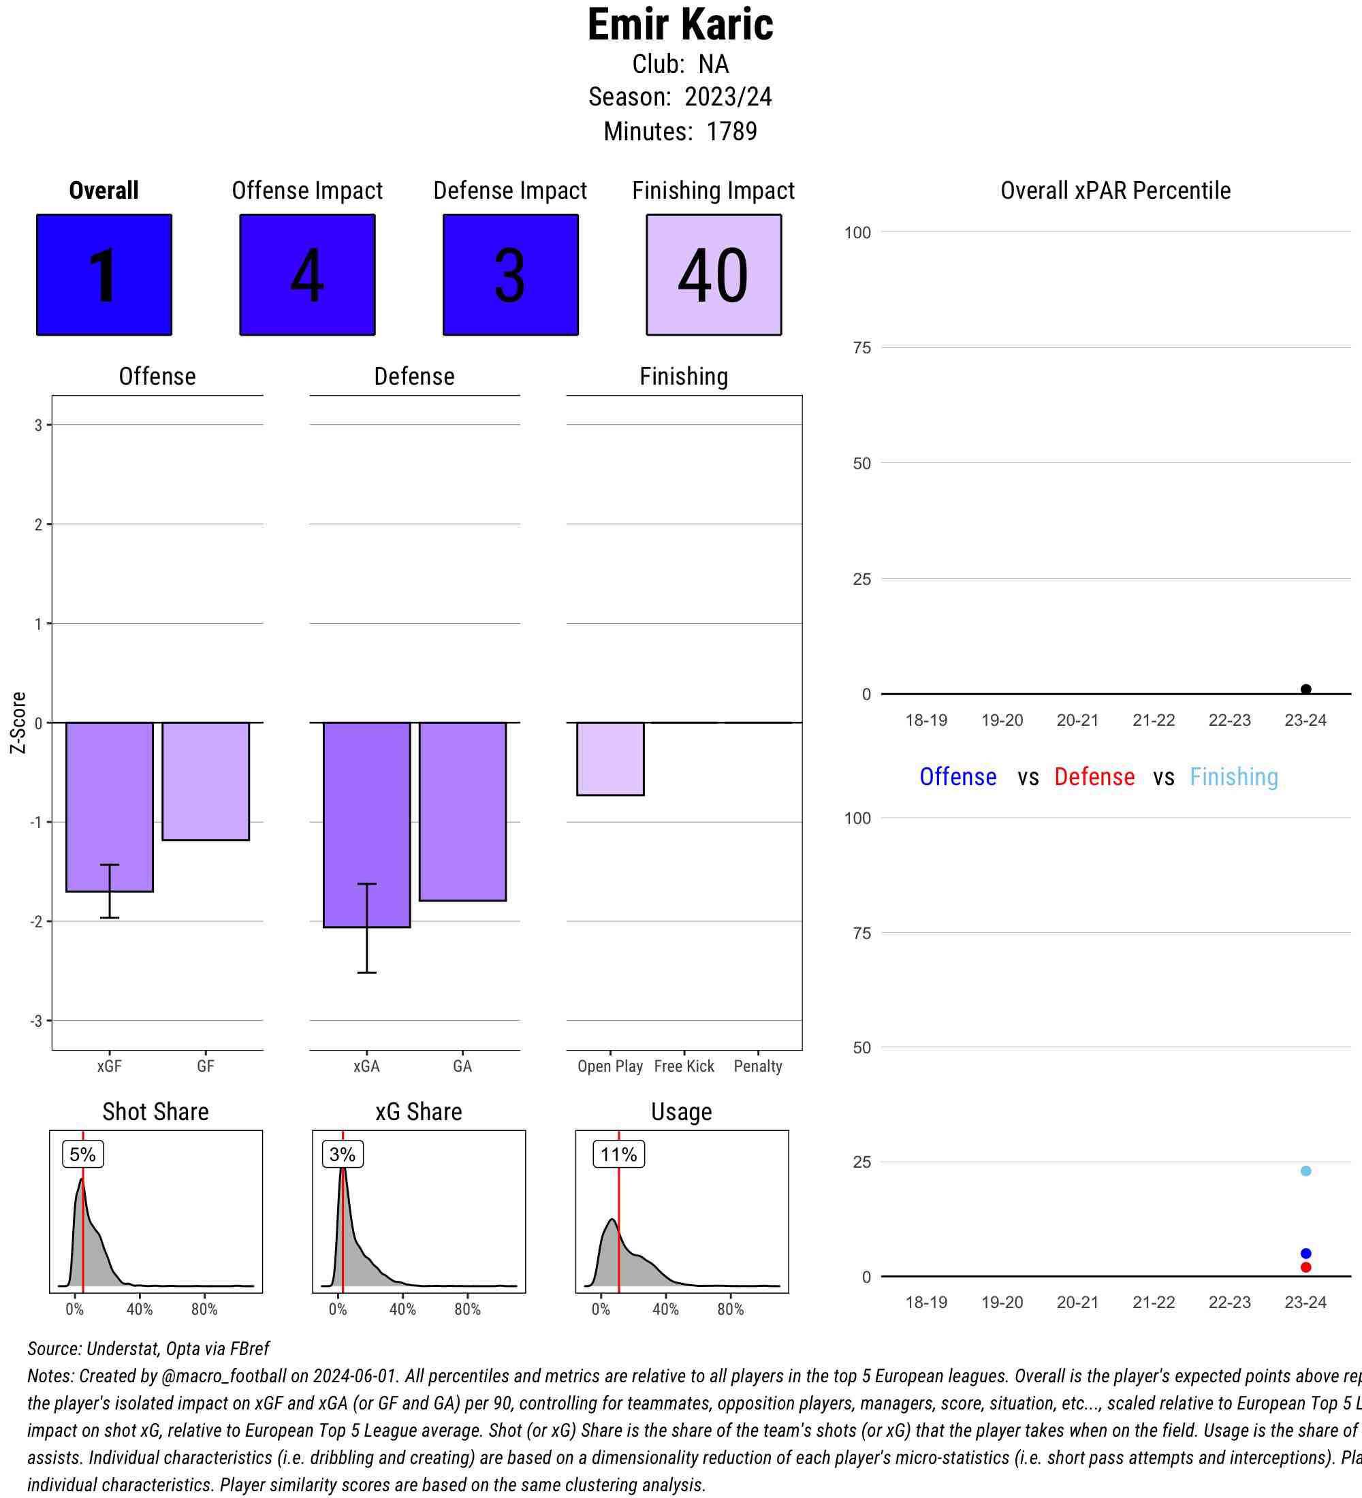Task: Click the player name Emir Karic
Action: [680, 25]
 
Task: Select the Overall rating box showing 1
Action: [104, 275]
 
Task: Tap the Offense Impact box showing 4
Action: [307, 275]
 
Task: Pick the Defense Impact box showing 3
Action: [511, 275]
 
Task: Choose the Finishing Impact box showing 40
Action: [713, 275]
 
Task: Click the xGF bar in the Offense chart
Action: [109, 806]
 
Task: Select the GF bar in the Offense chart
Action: [206, 781]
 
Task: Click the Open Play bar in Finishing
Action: [610, 759]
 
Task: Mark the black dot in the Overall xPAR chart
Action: [1305, 690]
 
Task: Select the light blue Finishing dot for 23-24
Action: [1305, 1171]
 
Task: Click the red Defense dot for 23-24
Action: [1305, 1267]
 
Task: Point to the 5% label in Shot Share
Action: [82, 1154]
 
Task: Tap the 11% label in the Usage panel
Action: [618, 1154]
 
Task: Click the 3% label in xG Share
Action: [343, 1154]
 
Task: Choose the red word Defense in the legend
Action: [1094, 776]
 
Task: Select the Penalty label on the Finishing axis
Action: [758, 1066]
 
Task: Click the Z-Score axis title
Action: [18, 722]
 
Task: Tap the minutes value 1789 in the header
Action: [731, 131]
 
